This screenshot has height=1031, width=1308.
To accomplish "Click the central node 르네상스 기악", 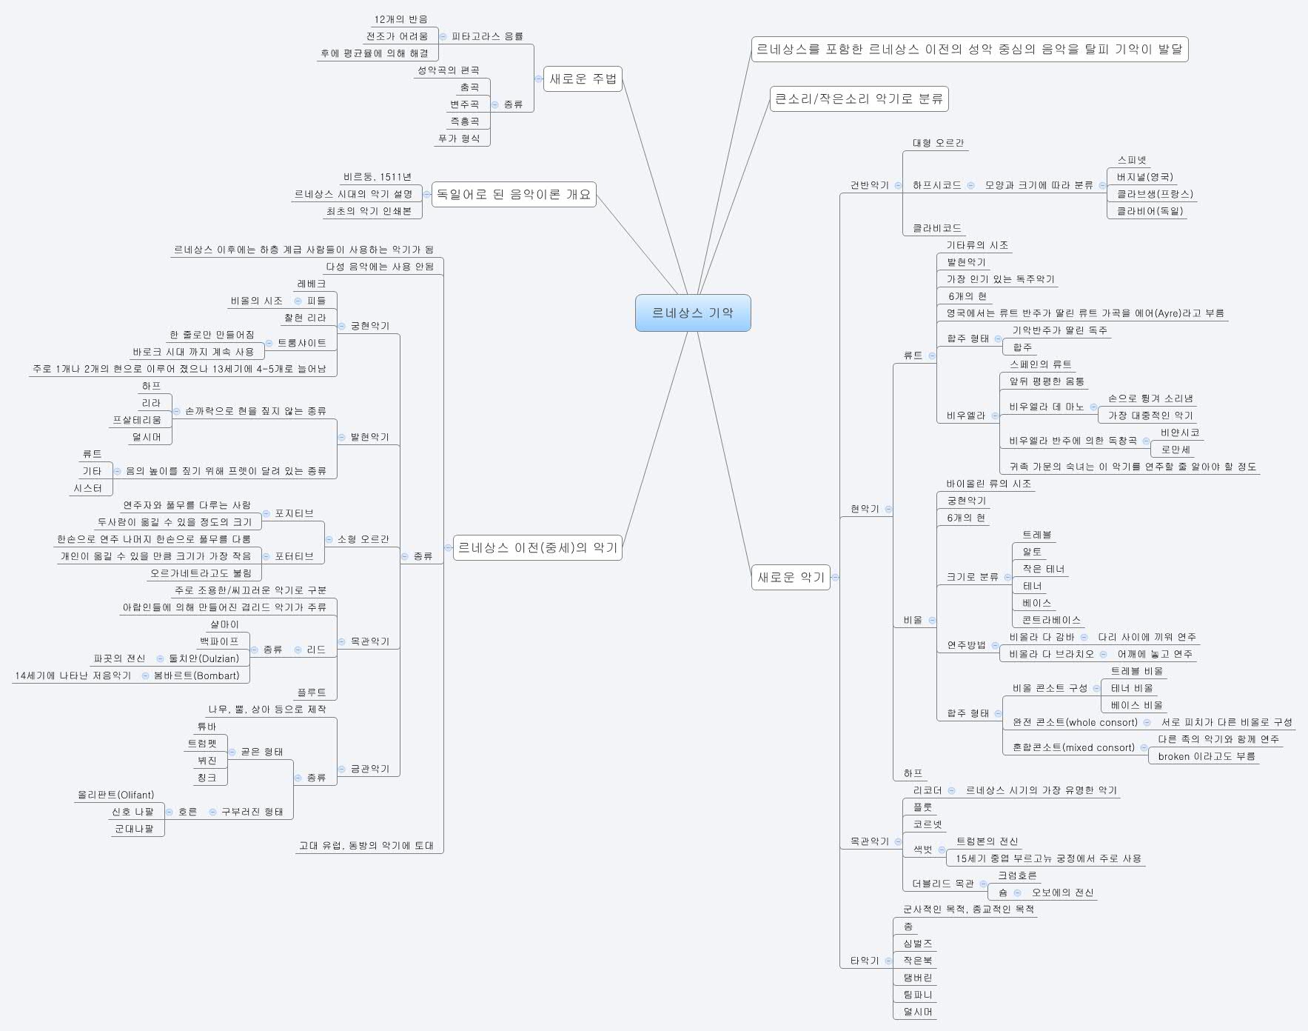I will point(693,313).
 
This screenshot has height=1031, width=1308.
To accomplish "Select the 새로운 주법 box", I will point(583,79).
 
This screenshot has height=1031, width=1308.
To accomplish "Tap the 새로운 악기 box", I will point(791,577).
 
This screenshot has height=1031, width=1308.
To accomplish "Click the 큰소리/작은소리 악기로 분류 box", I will point(859,99).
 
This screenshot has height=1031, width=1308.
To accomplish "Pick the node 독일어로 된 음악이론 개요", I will point(514,194).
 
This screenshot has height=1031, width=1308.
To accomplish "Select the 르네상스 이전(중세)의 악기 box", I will point(537,547).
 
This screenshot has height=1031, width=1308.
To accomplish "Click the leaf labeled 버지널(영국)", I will point(1144,177).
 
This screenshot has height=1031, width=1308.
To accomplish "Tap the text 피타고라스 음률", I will point(487,36).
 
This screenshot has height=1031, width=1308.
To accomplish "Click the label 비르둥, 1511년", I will point(378,177).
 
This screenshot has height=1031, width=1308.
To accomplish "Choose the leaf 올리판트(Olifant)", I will point(116,795).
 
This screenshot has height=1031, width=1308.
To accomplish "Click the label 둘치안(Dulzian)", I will point(204,658).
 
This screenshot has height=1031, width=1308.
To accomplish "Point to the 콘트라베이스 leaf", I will point(1051,620).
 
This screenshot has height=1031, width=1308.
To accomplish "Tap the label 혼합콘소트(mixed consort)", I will point(1073,747).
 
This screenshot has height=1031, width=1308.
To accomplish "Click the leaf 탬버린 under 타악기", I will point(918,978).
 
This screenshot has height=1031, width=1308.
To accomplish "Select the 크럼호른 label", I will point(1017,875).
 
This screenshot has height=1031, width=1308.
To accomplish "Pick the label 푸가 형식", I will point(459,139).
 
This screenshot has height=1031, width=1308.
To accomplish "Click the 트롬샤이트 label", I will point(302,343).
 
